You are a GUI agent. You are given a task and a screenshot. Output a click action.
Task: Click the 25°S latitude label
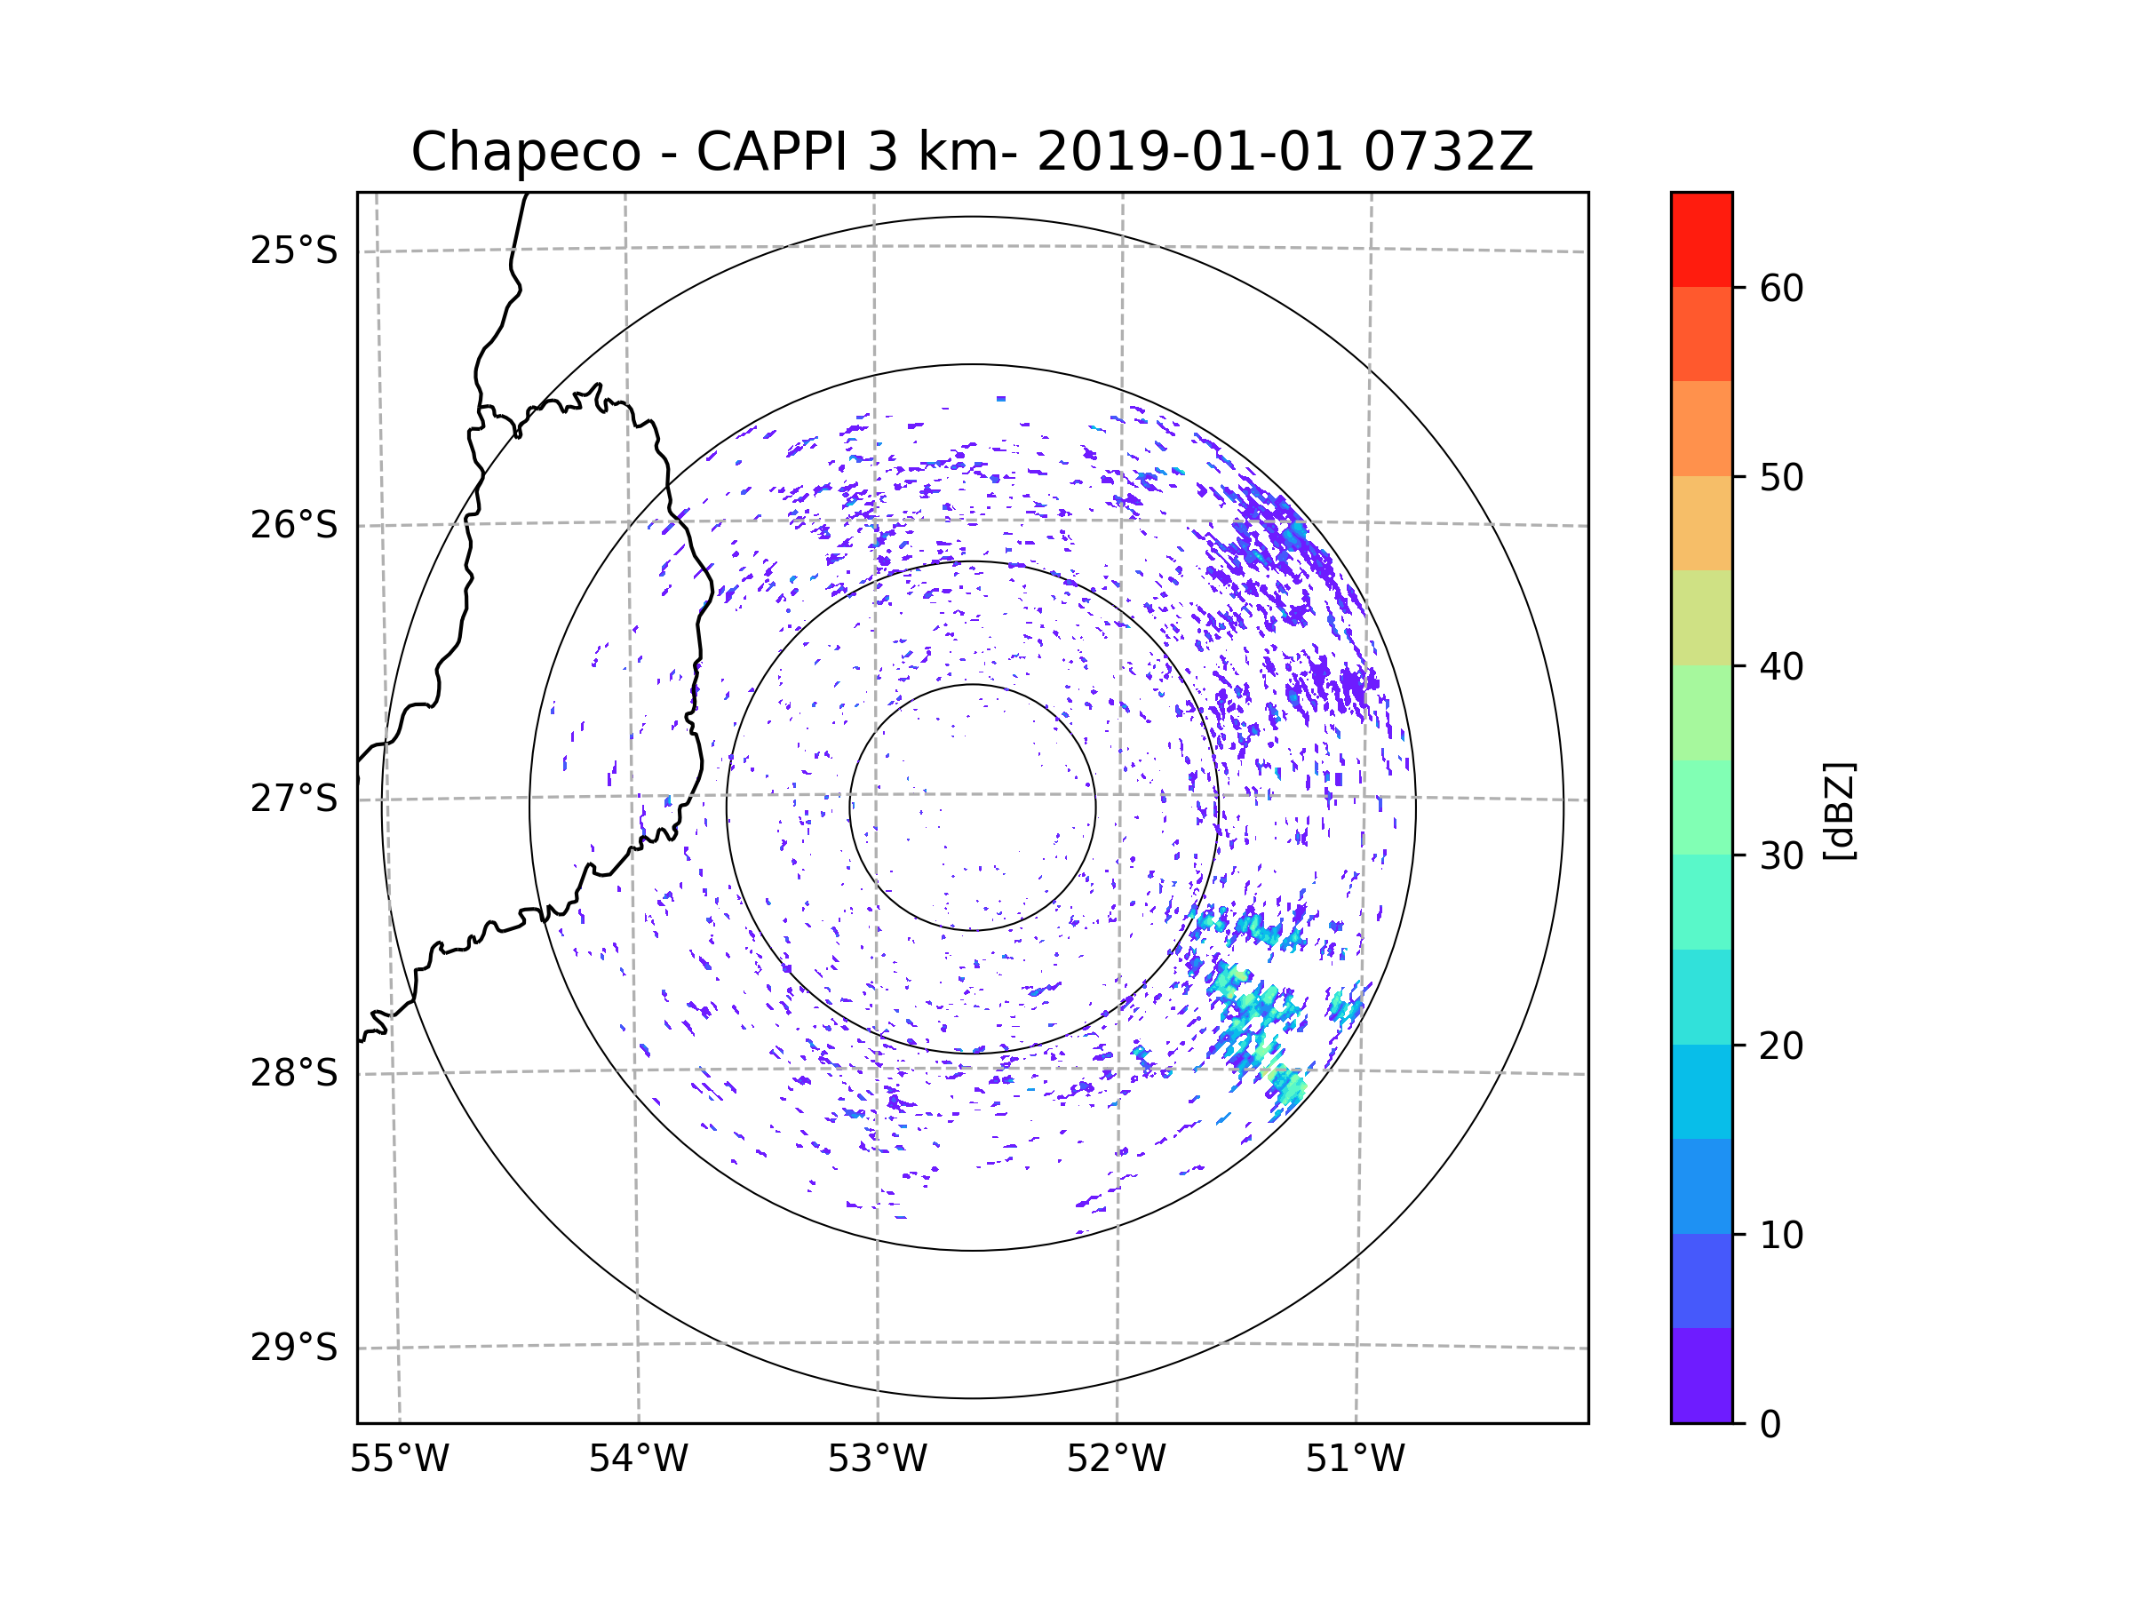[294, 251]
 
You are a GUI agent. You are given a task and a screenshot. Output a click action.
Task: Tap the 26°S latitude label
[294, 525]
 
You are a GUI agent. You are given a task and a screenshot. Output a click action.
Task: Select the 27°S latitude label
[294, 799]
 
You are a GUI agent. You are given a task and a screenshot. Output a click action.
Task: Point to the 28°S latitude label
[294, 1073]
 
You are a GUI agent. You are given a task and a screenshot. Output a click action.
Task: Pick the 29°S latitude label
[294, 1348]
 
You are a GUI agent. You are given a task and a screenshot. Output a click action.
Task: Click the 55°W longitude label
[399, 1460]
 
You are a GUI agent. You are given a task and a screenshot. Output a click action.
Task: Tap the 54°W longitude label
[638, 1460]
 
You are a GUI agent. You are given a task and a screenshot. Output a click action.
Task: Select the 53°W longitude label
[877, 1460]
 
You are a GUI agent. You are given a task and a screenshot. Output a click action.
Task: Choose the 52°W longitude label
[1116, 1460]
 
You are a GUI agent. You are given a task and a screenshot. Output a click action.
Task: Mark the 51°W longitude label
[1355, 1460]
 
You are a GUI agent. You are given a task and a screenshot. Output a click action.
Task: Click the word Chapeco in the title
[525, 152]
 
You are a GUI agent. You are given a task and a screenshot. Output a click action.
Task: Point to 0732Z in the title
[1448, 152]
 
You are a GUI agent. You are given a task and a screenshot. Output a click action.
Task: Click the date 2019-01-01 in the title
[1189, 152]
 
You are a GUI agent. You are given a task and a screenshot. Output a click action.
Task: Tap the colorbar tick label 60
[1781, 288]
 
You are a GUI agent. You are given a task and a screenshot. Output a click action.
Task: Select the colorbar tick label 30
[1781, 855]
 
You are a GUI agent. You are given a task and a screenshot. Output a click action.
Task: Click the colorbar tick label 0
[1770, 1425]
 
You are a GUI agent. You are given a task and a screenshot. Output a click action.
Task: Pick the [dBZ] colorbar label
[1839, 810]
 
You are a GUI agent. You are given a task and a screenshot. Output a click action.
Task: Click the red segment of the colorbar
[1701, 239]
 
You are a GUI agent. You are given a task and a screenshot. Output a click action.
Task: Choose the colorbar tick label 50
[1781, 477]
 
